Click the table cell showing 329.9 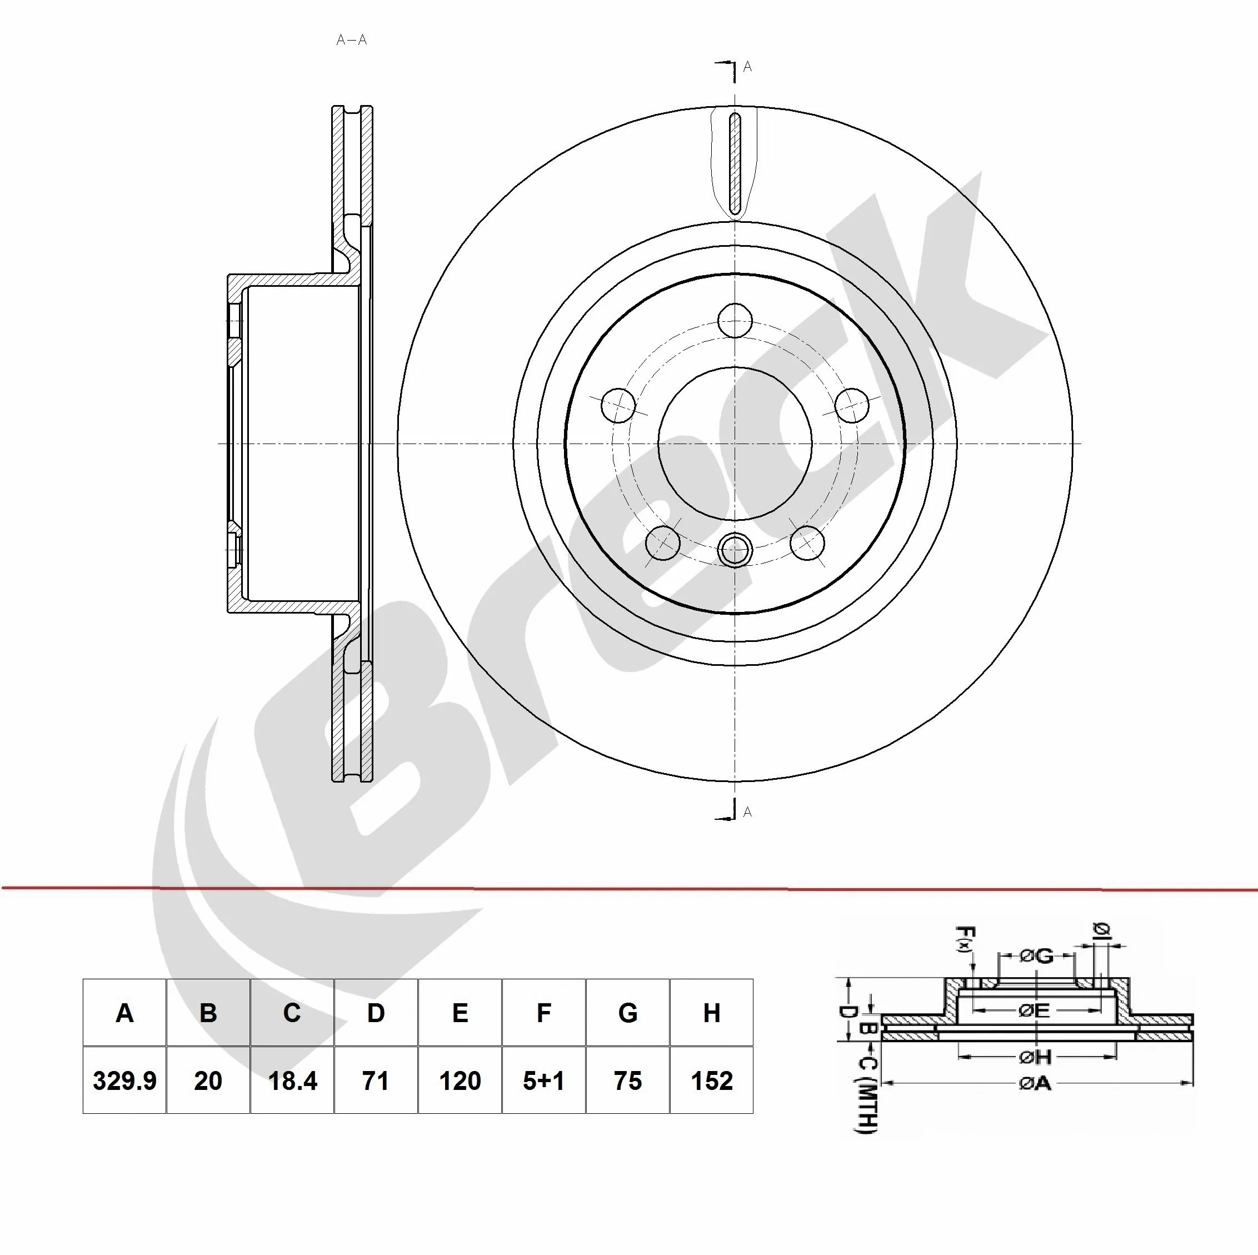(124, 1080)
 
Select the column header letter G (628, 1013)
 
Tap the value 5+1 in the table (543, 1080)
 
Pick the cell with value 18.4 (292, 1080)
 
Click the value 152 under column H (712, 1080)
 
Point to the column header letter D (376, 1013)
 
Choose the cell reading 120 (460, 1080)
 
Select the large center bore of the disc (735, 444)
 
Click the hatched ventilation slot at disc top (735, 163)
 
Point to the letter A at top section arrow (747, 67)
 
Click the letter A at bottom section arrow (747, 812)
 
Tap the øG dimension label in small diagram (1036, 956)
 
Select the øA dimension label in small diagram (1035, 1083)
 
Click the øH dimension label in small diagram (1035, 1057)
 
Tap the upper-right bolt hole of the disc (852, 405)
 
